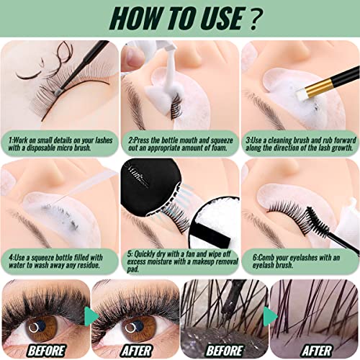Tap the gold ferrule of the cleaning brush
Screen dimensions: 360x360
[x=320, y=87]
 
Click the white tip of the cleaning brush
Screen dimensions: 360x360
[x=302, y=94]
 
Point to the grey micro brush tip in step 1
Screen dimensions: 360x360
[x=57, y=92]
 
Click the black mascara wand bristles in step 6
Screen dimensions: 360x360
[x=318, y=222]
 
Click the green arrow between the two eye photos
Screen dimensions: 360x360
[x=91, y=317]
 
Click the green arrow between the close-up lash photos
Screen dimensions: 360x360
[x=270, y=317]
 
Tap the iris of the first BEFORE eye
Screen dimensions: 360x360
[x=41, y=328]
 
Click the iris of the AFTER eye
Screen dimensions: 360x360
[x=136, y=328]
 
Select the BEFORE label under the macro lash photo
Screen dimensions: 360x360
[x=224, y=351]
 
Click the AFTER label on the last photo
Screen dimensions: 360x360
[x=317, y=351]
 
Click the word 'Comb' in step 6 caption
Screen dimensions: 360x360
[x=266, y=258]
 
